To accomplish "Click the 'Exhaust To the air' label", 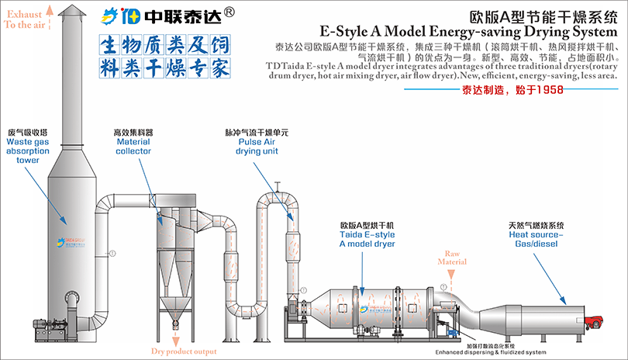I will point(26,19).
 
